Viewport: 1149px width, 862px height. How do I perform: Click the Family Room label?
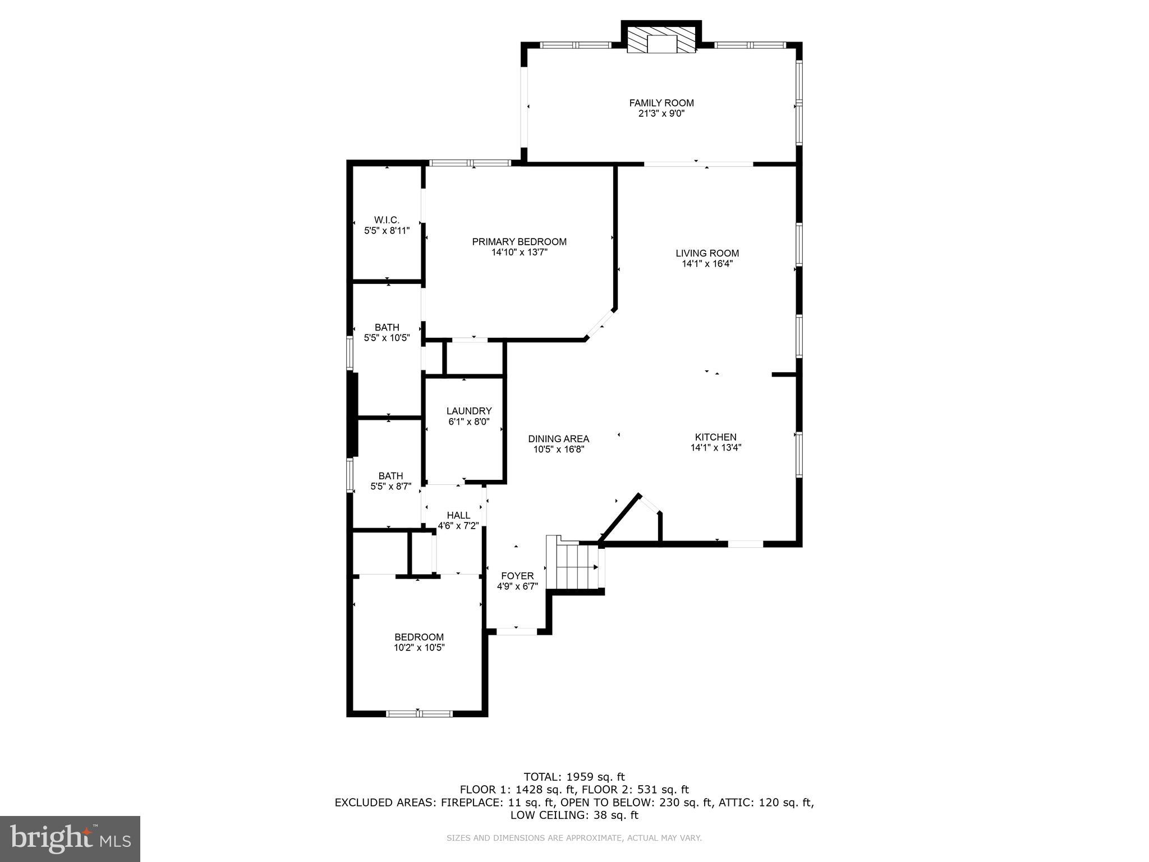(x=661, y=103)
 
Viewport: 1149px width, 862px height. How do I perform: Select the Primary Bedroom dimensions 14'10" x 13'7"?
(x=519, y=253)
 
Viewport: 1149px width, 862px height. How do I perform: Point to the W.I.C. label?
(x=387, y=220)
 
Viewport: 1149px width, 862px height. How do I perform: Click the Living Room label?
(x=707, y=253)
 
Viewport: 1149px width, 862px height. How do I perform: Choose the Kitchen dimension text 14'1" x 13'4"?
(x=715, y=448)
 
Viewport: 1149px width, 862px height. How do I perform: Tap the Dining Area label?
(x=558, y=439)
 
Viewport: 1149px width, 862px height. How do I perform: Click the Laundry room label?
(x=468, y=411)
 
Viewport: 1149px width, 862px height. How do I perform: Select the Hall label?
(x=458, y=515)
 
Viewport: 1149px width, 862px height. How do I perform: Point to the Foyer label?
(x=517, y=576)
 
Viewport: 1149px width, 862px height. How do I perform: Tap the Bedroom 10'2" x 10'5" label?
(x=419, y=637)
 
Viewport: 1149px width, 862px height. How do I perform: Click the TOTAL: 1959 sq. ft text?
(x=574, y=777)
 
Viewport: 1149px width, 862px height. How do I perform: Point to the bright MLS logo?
(x=70, y=838)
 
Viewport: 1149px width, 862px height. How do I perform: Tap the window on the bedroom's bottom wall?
(x=419, y=713)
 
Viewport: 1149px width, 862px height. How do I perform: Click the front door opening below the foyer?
(x=517, y=631)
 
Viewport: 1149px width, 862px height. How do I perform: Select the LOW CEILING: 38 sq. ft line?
(x=574, y=815)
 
